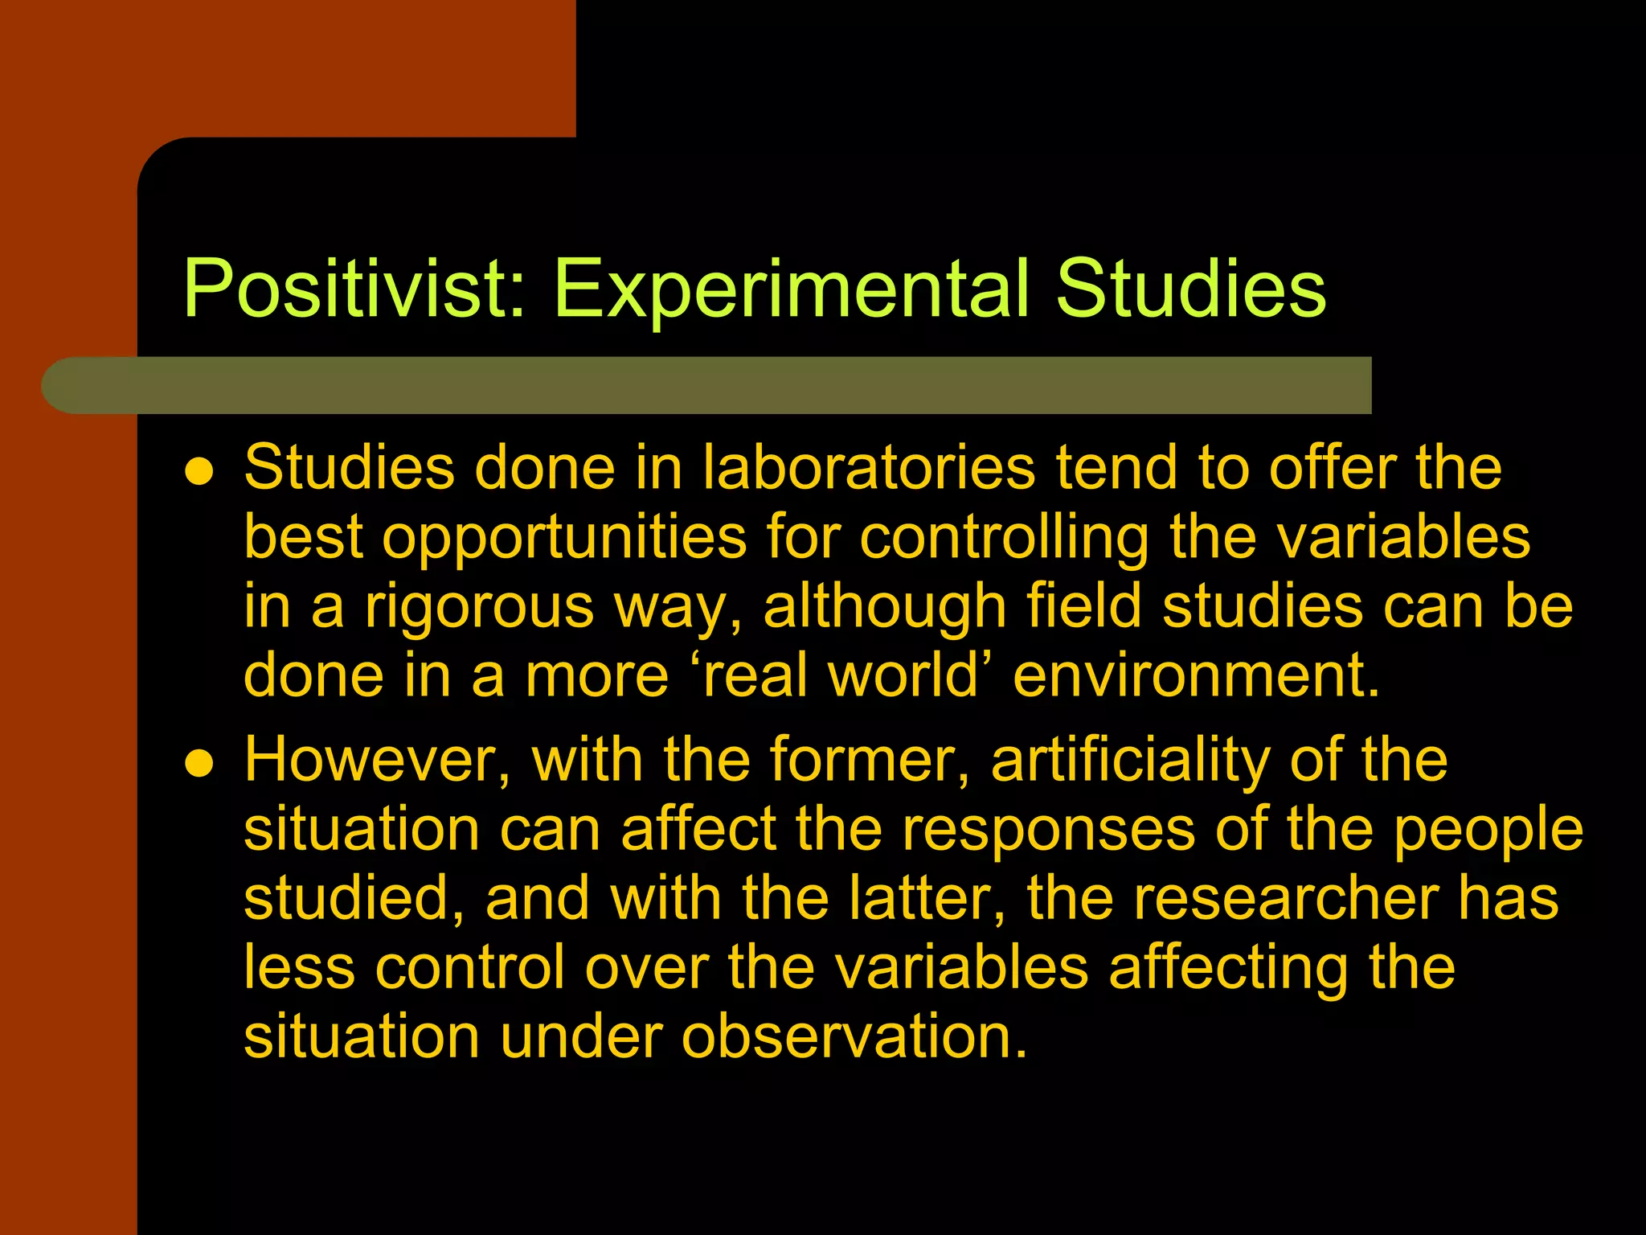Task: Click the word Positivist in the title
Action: point(354,289)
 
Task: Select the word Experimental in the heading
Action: point(791,289)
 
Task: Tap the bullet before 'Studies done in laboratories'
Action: point(199,472)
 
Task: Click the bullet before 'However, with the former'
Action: point(199,764)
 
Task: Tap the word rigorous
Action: point(479,607)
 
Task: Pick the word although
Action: point(885,607)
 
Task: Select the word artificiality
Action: point(1130,760)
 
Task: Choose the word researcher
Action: point(1285,898)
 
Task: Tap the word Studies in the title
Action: point(1190,289)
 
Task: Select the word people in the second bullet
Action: point(1488,831)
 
